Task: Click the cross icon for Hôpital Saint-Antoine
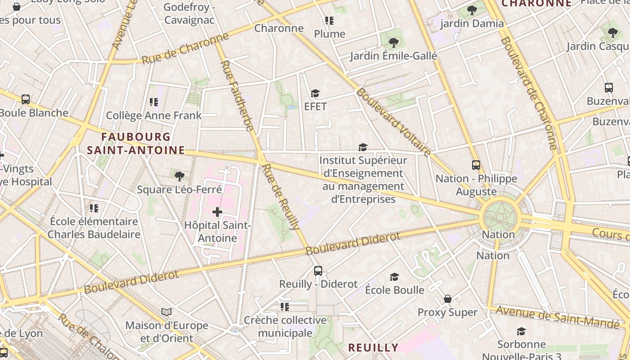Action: tap(217, 211)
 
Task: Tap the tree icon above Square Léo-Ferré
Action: tap(180, 176)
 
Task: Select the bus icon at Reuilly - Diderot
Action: tap(318, 270)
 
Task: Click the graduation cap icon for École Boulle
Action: tap(395, 277)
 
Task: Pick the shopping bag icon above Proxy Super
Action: tap(448, 299)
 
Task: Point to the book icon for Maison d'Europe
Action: tap(166, 312)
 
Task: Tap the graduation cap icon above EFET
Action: tap(315, 93)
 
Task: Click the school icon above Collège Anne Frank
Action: tap(154, 102)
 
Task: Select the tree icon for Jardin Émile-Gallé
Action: tap(394, 43)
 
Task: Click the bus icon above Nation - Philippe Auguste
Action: tap(476, 165)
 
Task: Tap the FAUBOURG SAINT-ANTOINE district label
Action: tap(136, 144)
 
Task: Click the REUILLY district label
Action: tap(373, 347)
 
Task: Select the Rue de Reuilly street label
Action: tap(281, 197)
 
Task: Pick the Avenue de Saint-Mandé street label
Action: tap(558, 317)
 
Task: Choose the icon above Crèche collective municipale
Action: tap(284, 307)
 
